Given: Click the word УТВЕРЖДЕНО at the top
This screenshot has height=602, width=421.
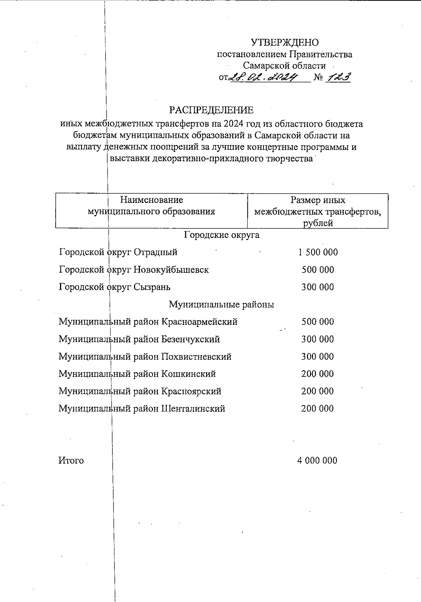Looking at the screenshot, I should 285,43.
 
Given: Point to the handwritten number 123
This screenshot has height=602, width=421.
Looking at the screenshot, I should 338,77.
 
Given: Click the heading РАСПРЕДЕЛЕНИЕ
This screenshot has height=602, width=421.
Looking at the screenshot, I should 211,110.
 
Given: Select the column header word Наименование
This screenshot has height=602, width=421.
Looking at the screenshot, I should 151,200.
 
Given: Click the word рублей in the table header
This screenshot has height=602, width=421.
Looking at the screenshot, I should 318,223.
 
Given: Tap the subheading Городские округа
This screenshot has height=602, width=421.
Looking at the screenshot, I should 222,235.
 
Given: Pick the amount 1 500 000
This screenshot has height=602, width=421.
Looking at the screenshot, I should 318,252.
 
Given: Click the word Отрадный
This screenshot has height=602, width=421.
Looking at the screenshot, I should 156,252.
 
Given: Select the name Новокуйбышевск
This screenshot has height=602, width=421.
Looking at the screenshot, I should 171,270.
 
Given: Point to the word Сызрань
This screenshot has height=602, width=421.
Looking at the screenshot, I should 152,287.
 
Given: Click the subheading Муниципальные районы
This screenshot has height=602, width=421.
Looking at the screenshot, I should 221,305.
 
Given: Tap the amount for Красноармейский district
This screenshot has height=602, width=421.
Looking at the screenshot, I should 318,322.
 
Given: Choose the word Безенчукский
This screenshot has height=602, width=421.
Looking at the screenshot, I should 191,339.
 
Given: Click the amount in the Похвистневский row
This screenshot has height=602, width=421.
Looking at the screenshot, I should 318,357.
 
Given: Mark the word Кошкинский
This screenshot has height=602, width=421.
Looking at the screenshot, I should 188,374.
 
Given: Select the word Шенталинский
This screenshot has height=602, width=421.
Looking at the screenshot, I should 193,409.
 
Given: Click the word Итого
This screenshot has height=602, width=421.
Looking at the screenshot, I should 71,460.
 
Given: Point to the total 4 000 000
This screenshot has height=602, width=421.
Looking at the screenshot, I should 317,460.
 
